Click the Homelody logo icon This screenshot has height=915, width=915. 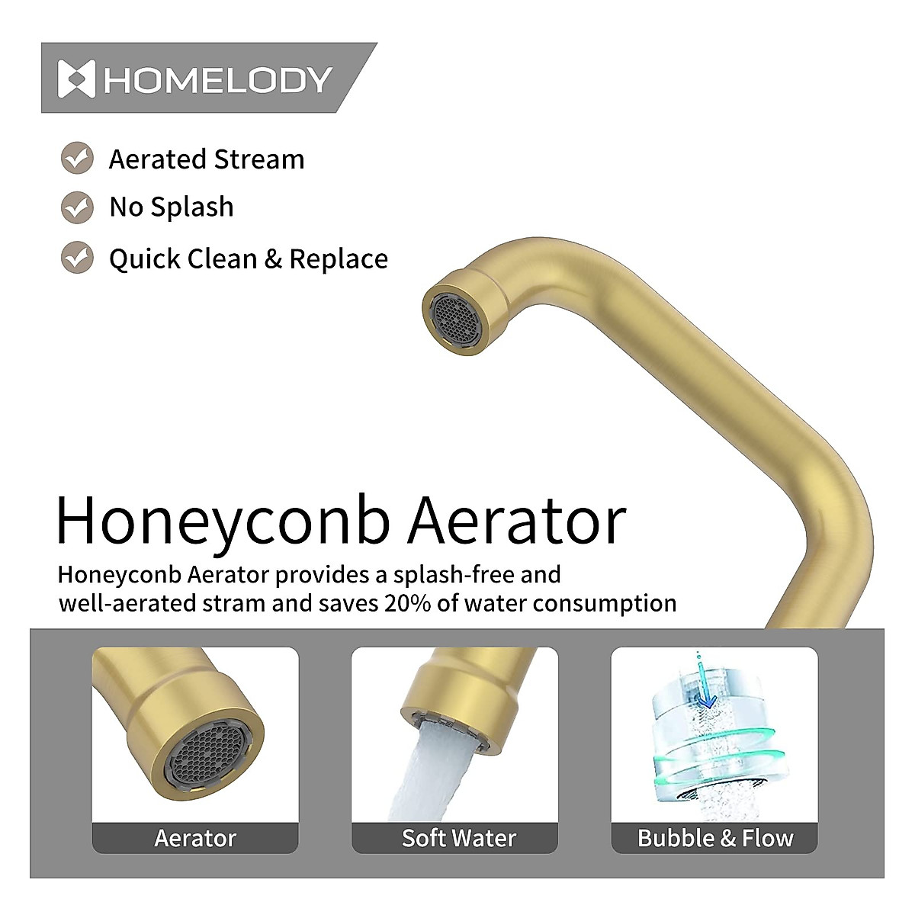(76, 79)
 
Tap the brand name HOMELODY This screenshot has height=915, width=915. (218, 80)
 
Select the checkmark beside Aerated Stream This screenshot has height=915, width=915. (77, 159)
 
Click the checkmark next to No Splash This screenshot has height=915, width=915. (77, 207)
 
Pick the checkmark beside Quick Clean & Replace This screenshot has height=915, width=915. (77, 258)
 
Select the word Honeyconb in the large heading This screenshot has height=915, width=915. (223, 522)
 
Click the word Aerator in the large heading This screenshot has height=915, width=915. (516, 522)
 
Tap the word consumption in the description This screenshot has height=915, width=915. (604, 603)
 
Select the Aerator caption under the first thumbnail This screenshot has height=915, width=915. (195, 838)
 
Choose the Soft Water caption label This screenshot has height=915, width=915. (458, 838)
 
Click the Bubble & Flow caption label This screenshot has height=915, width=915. (715, 838)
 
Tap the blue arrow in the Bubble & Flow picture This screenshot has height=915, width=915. (707, 691)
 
